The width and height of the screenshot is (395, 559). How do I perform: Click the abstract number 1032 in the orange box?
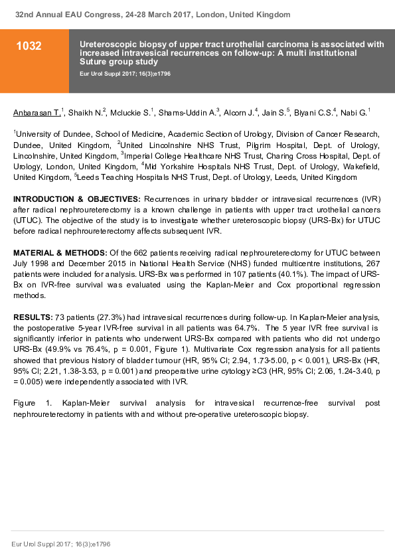30,46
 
